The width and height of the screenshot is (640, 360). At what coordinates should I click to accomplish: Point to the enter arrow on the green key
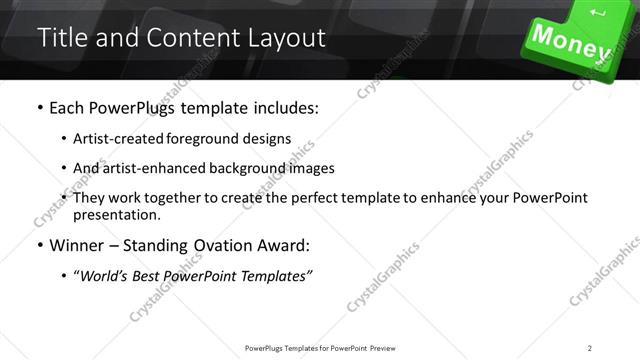(x=599, y=13)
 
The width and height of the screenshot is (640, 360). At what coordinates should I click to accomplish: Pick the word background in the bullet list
(x=254, y=168)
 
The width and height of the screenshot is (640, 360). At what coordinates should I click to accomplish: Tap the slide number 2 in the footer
(x=590, y=347)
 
